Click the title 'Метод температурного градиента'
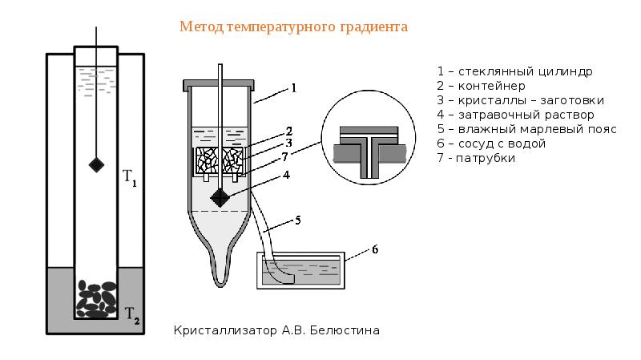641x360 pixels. coord(293,27)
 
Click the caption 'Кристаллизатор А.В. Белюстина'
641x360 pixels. coord(276,330)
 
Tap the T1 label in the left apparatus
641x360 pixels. coord(129,177)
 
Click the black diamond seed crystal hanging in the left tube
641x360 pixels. coord(96,165)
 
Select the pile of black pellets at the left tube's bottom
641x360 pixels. coord(96,298)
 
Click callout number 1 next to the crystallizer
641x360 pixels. coord(293,87)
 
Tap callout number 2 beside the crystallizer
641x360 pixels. coord(288,131)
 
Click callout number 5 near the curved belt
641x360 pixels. coord(297,218)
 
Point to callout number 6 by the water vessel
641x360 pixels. coord(373,249)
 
